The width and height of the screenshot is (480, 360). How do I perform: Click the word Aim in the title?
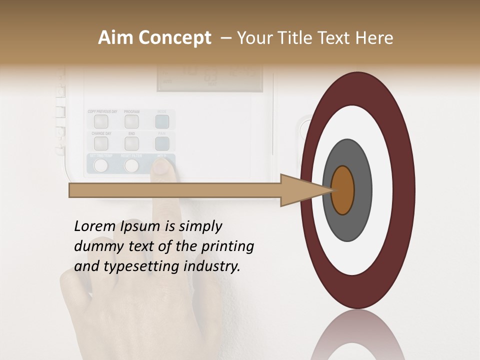(115, 38)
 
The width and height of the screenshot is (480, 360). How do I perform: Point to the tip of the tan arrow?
(332, 190)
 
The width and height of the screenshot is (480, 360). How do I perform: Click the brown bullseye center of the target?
(343, 190)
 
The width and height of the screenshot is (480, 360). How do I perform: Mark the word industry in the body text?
(212, 266)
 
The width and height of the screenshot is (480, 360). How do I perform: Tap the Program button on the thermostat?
(131, 121)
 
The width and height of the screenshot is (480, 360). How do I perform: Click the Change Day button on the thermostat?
(101, 143)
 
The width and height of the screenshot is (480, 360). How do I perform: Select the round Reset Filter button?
(131, 165)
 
